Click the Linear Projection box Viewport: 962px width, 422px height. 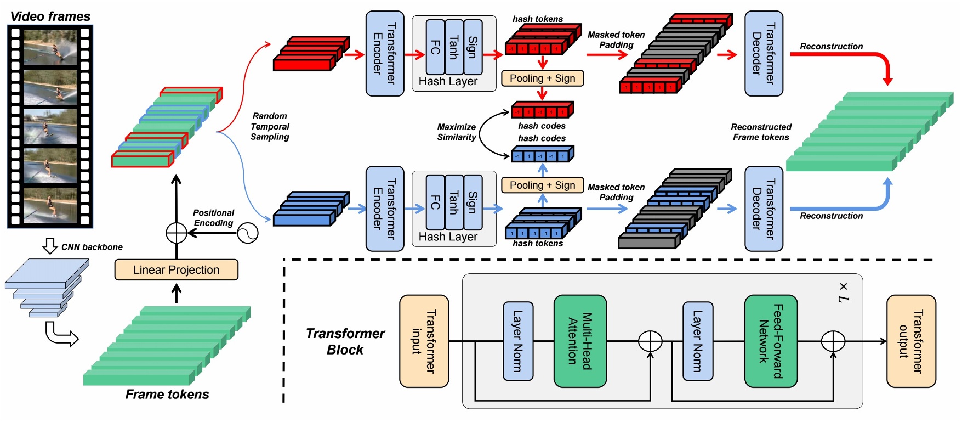click(x=176, y=269)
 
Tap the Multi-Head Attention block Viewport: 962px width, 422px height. click(x=580, y=341)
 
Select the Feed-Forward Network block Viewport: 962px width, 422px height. click(x=771, y=341)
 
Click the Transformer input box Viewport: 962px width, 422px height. click(x=424, y=341)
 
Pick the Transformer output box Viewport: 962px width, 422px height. click(x=911, y=341)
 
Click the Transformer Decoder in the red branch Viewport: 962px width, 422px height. click(x=764, y=53)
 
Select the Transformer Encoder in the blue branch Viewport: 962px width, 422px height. click(x=385, y=209)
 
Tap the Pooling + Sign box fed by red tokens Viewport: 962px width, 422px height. click(x=542, y=78)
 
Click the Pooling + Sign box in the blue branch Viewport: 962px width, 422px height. click(x=542, y=185)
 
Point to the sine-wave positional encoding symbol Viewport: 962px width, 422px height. click(x=247, y=233)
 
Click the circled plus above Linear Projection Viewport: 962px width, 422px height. click(x=177, y=233)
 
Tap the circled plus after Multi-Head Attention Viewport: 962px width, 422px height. click(x=650, y=341)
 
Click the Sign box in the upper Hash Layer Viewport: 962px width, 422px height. click(x=473, y=47)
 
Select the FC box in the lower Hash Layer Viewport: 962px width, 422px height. click(x=435, y=202)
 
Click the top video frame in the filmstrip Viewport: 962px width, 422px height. click(x=50, y=48)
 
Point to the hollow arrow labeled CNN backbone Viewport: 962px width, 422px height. click(x=50, y=246)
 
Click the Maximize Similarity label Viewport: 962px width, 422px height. click(x=456, y=132)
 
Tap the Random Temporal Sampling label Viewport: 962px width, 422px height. click(x=270, y=126)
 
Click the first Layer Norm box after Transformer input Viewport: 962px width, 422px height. click(x=518, y=341)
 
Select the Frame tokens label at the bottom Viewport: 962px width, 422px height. click(x=167, y=394)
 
